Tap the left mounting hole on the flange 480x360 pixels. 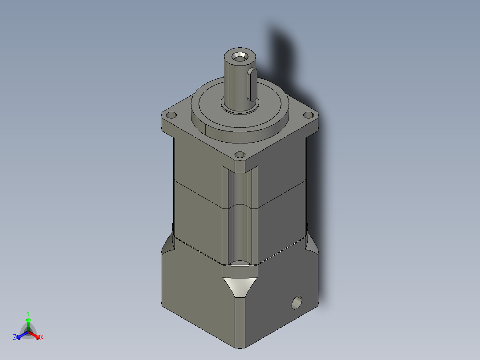[x=170, y=115]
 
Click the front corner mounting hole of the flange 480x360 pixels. [x=240, y=155]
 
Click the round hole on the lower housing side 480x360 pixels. [x=296, y=303]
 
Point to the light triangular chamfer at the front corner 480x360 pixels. [x=240, y=286]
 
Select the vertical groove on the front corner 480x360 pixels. [x=240, y=214]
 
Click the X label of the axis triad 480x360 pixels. [x=42, y=337]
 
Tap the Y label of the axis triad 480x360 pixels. [x=28, y=313]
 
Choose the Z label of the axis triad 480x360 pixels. [x=15, y=337]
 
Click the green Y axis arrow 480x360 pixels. [x=28, y=322]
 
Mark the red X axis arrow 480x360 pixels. [x=36, y=335]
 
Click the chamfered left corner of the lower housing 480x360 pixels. [x=168, y=245]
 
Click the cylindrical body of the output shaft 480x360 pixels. [x=234, y=82]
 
